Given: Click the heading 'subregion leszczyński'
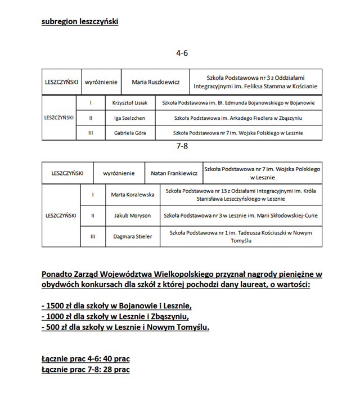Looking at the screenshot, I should click(79, 22).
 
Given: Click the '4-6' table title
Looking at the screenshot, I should click(182, 53).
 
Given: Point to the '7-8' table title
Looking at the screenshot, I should click(182, 146).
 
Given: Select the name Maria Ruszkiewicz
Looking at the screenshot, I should click(156, 82).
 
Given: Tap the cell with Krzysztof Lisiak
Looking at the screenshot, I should click(130, 103).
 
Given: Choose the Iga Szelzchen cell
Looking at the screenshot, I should click(130, 118).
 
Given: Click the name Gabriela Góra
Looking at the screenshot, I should click(130, 133).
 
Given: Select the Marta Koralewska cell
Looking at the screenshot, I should click(133, 195).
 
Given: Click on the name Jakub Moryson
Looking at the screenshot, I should click(133, 215).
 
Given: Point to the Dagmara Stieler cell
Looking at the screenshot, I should click(133, 236).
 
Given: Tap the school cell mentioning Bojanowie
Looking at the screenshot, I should click(238, 103).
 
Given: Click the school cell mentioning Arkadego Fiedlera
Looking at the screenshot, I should click(238, 118).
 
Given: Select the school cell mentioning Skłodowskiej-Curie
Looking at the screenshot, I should click(241, 215).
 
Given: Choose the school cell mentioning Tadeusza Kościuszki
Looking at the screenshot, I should click(241, 236).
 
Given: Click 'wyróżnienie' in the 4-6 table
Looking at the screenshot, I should click(101, 82).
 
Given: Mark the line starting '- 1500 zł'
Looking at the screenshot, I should click(116, 306).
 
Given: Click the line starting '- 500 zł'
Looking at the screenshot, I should click(125, 327).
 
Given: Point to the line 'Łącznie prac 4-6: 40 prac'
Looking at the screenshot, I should click(85, 358).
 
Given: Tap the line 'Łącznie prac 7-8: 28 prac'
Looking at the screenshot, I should click(85, 369).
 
